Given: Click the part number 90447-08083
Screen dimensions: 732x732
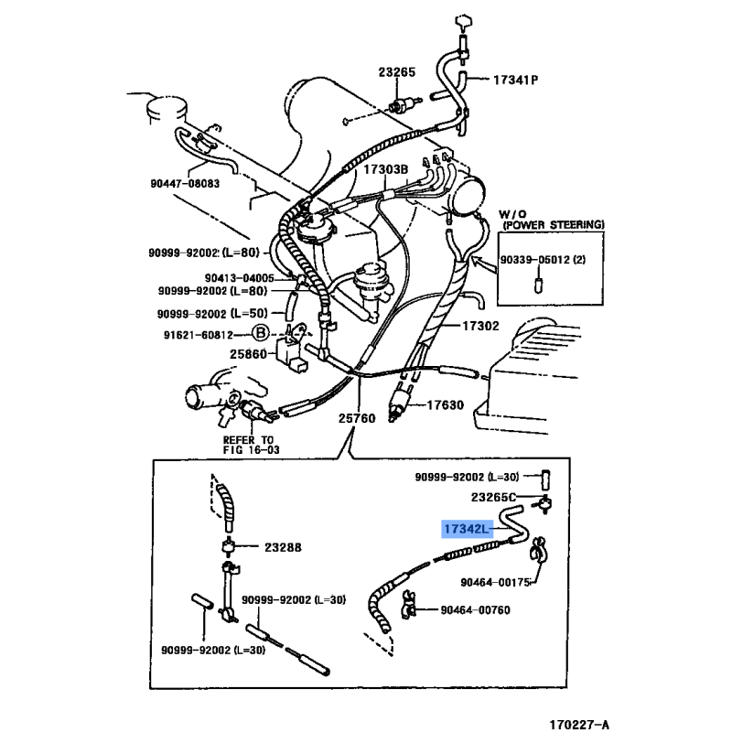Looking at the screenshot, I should click(186, 183).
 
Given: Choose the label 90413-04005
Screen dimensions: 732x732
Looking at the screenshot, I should click(240, 278).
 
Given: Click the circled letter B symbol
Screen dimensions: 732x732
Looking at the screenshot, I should click(260, 332).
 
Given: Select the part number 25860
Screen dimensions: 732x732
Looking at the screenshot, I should click(247, 353).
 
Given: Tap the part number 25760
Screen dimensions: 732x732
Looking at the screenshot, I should click(356, 419).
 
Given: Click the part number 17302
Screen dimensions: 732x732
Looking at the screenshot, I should click(479, 325).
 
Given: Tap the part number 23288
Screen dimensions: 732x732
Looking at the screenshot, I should click(276, 547).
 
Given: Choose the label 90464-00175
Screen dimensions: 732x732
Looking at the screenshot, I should click(495, 580).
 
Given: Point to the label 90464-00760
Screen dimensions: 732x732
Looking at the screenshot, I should click(475, 610).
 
